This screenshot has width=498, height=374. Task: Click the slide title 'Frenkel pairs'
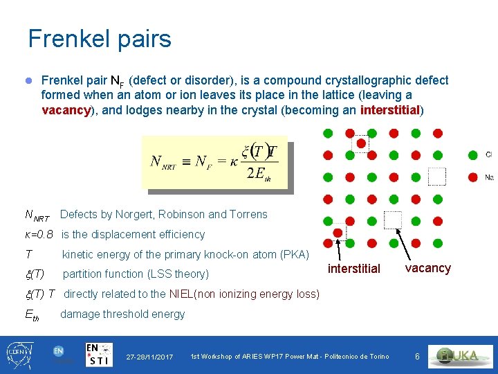point(100,39)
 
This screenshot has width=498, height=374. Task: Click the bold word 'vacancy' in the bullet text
point(66,109)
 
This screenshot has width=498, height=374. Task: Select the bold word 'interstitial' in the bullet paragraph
point(391,109)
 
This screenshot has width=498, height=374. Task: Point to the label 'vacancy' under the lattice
point(427,268)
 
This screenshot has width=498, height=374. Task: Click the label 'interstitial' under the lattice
point(353,269)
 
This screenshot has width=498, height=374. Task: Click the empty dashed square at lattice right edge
point(437,177)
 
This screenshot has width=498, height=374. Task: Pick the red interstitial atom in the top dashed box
point(360,143)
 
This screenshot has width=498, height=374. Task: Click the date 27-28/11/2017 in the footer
point(150,357)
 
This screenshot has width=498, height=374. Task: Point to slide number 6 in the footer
point(417,356)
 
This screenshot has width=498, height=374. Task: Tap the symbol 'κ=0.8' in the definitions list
point(39,235)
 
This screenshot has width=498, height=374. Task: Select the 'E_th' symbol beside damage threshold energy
point(33,315)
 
